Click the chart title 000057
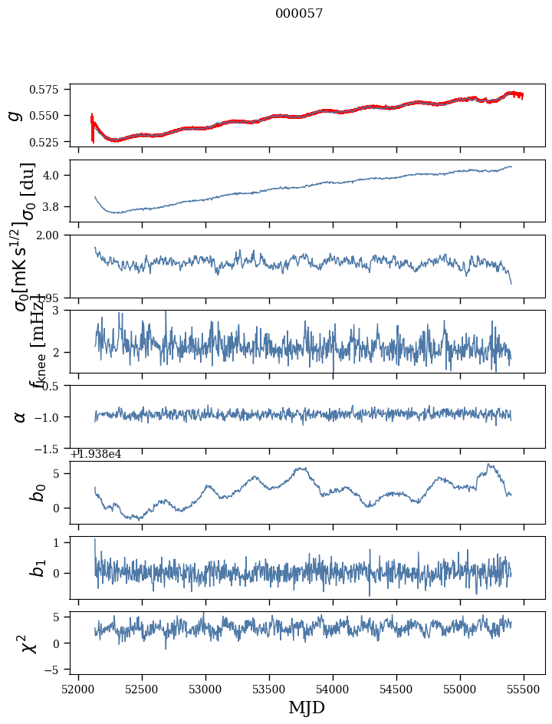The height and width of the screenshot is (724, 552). (x=299, y=14)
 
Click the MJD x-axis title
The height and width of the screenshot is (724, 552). (x=307, y=708)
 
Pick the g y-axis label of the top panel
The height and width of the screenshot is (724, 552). (x=15, y=115)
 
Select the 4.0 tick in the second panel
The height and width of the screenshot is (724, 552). (x=57, y=175)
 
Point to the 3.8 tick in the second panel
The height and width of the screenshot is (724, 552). (x=57, y=207)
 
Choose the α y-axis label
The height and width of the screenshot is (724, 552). (x=20, y=416)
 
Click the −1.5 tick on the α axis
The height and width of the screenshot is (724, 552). (x=52, y=448)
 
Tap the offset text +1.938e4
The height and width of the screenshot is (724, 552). (x=96, y=454)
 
